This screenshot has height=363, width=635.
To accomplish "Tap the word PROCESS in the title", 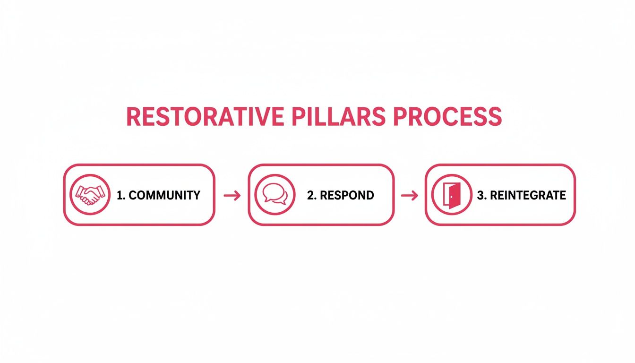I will click(x=447, y=117).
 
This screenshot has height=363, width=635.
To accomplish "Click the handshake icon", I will click(x=89, y=195).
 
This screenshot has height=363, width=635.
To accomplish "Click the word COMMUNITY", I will click(x=164, y=195).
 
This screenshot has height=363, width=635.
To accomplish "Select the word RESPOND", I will click(x=347, y=195).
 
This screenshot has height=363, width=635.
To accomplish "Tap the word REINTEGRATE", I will click(x=528, y=195).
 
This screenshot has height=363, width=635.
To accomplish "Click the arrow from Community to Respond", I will click(x=232, y=195).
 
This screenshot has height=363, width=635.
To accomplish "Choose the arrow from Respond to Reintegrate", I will click(x=409, y=195).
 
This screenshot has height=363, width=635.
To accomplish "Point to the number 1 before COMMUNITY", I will click(x=119, y=195).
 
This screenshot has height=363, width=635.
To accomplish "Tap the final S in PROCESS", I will click(x=494, y=117).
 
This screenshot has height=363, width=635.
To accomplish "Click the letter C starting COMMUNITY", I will click(x=133, y=195).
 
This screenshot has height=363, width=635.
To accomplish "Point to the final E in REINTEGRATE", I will click(x=562, y=195).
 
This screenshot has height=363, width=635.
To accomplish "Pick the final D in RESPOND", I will click(x=369, y=195).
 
